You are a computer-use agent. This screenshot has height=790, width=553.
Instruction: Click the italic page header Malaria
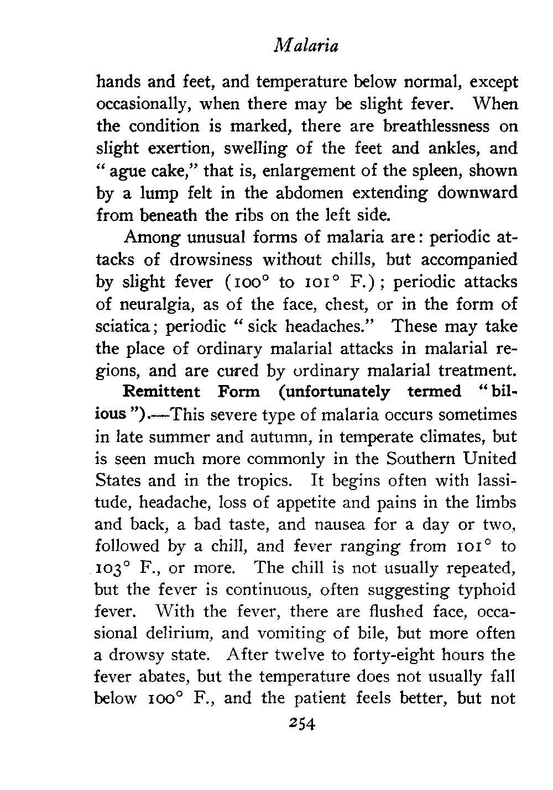[x=306, y=46]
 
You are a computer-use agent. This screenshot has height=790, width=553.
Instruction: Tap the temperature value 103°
[x=112, y=568]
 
